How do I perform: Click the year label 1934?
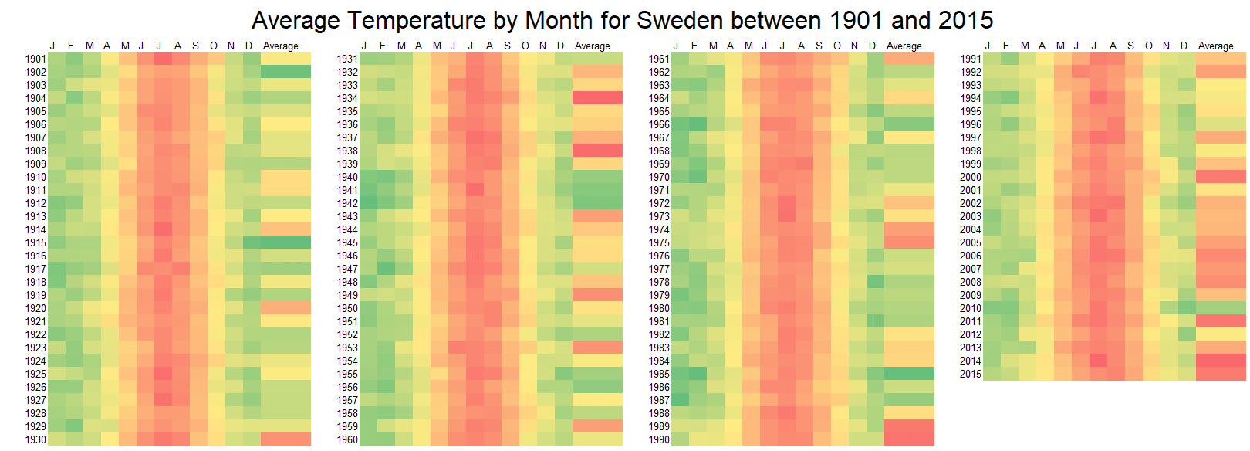tap(347, 98)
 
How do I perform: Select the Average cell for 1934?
tap(597, 98)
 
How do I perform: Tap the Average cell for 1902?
tap(285, 72)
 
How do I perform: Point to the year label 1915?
tap(35, 242)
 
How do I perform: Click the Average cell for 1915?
tap(285, 242)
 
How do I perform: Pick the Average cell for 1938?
tap(597, 151)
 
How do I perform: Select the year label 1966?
tap(659, 124)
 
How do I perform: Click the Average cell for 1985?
tap(909, 374)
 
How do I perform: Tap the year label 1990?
tap(659, 439)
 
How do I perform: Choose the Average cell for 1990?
tap(909, 439)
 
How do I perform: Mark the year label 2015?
tap(971, 374)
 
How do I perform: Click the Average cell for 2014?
tap(1221, 361)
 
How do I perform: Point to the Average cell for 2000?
tap(1221, 177)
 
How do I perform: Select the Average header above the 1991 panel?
tap(1215, 46)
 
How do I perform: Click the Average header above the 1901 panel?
tap(280, 46)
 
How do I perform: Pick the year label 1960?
tap(347, 439)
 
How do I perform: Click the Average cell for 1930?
tap(285, 439)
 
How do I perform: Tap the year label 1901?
tap(35, 59)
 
